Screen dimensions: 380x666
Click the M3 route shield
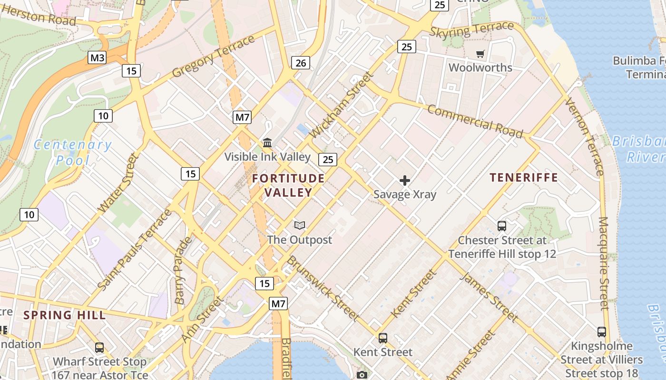[97, 58]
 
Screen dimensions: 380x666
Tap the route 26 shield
[301, 62]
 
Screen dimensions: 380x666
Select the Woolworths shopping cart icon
[480, 54]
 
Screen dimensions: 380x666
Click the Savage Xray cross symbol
[405, 180]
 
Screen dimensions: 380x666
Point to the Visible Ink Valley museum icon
[267, 142]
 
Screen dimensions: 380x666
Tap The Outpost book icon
[299, 226]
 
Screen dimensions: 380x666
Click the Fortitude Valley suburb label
[288, 185]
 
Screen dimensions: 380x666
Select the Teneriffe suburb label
[524, 178]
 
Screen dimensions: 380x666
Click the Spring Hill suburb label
[64, 315]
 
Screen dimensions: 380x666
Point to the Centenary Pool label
[72, 152]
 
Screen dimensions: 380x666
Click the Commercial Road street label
[475, 121]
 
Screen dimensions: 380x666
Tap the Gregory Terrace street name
[214, 57]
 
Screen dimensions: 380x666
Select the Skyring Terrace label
[472, 30]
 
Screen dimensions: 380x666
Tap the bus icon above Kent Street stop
[383, 338]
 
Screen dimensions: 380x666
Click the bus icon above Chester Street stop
[501, 226]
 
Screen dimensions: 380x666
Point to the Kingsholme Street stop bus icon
[601, 332]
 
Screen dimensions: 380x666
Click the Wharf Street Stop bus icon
[99, 348]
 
